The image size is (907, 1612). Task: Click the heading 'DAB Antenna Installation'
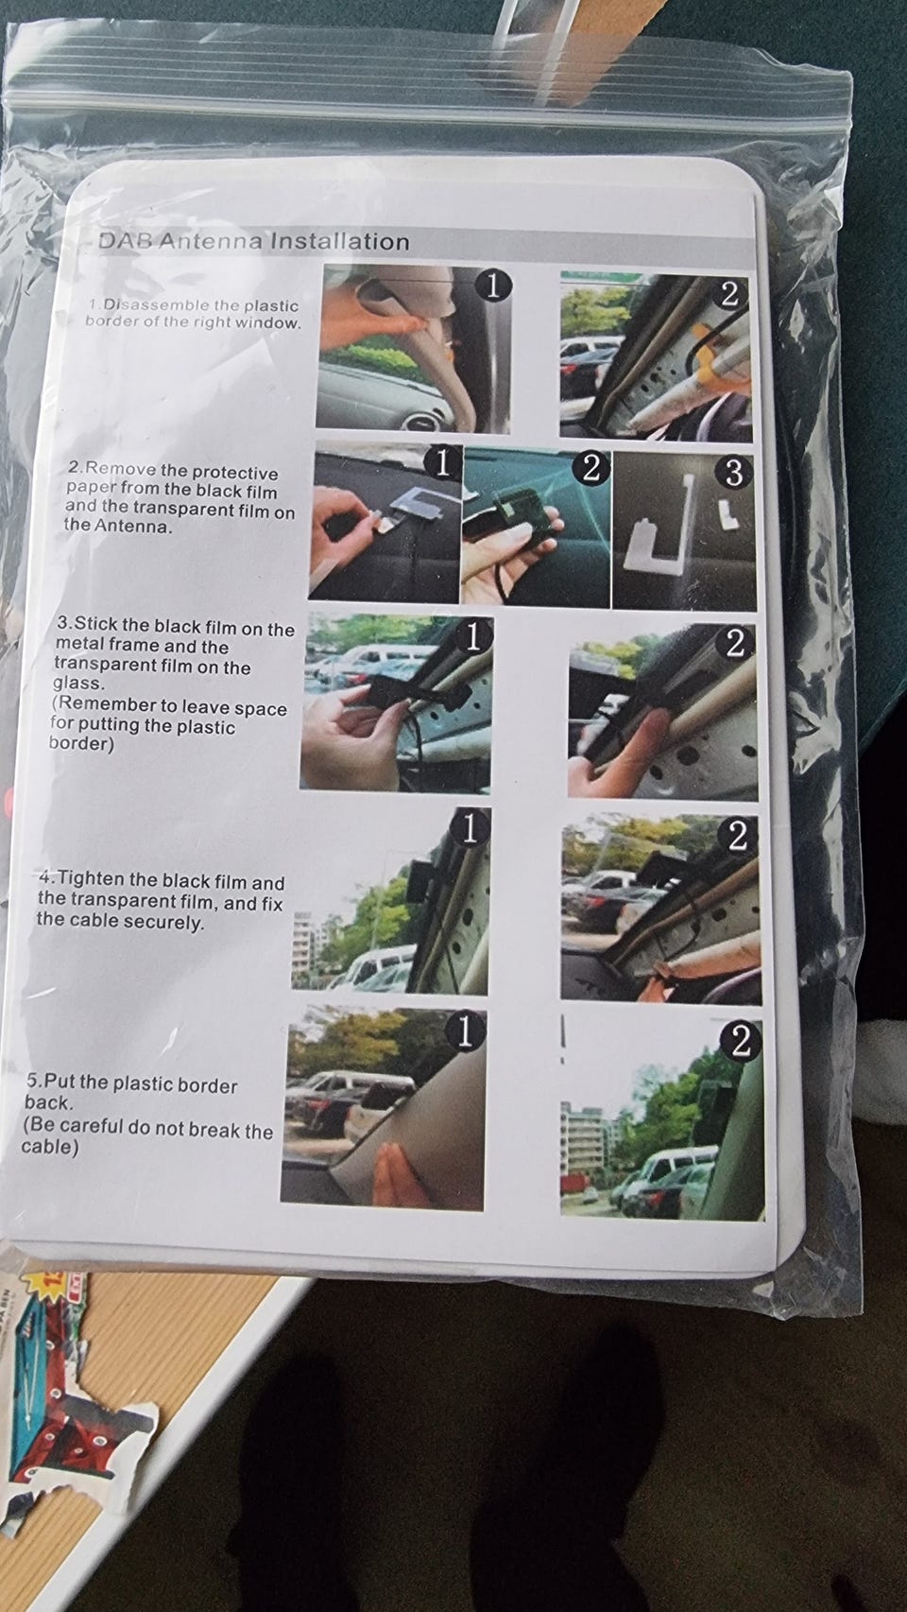(x=253, y=240)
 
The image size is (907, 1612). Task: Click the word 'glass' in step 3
(x=77, y=683)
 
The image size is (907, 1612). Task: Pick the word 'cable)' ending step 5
(x=49, y=1146)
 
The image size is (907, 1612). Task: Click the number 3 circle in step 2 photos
(x=733, y=473)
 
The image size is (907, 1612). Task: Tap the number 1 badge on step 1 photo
(x=493, y=286)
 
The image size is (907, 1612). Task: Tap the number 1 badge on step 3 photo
(x=472, y=637)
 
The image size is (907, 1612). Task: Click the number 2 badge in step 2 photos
(x=590, y=469)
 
